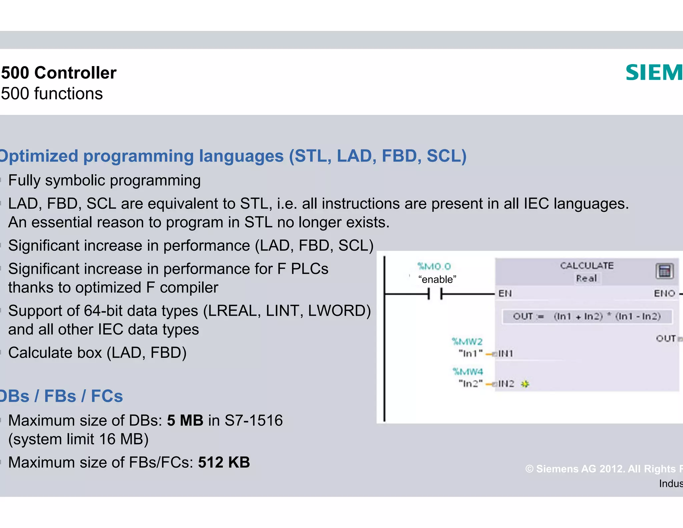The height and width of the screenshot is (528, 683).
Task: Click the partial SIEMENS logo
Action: pos(654,73)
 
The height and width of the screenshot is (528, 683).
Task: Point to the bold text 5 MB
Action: pos(185,421)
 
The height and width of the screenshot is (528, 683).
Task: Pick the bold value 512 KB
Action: pos(224,463)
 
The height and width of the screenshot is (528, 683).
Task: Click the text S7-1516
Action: pos(253,421)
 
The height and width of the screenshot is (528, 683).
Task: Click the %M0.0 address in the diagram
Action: pos(434,266)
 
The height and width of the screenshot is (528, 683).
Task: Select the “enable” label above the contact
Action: pos(437,279)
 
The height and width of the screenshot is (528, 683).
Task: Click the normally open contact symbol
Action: pos(435,294)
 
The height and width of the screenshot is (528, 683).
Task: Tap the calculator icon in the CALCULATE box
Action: pos(664,271)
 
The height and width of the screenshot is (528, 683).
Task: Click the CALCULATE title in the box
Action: pos(587,266)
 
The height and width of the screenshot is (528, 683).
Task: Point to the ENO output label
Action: pos(664,293)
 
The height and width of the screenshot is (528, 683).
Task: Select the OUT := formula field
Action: pos(587,316)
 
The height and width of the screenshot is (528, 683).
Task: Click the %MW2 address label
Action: pos(467,341)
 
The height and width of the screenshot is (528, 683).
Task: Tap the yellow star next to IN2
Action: pos(525,384)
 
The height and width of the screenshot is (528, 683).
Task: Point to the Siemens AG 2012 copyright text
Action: pos(604,469)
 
